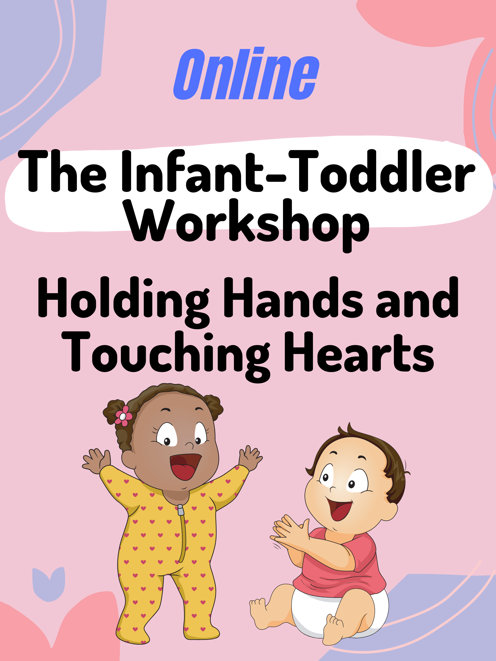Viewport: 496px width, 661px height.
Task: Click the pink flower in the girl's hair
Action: (123, 416)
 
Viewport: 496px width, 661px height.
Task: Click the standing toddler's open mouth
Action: (185, 466)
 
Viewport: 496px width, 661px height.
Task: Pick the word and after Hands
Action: (417, 297)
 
